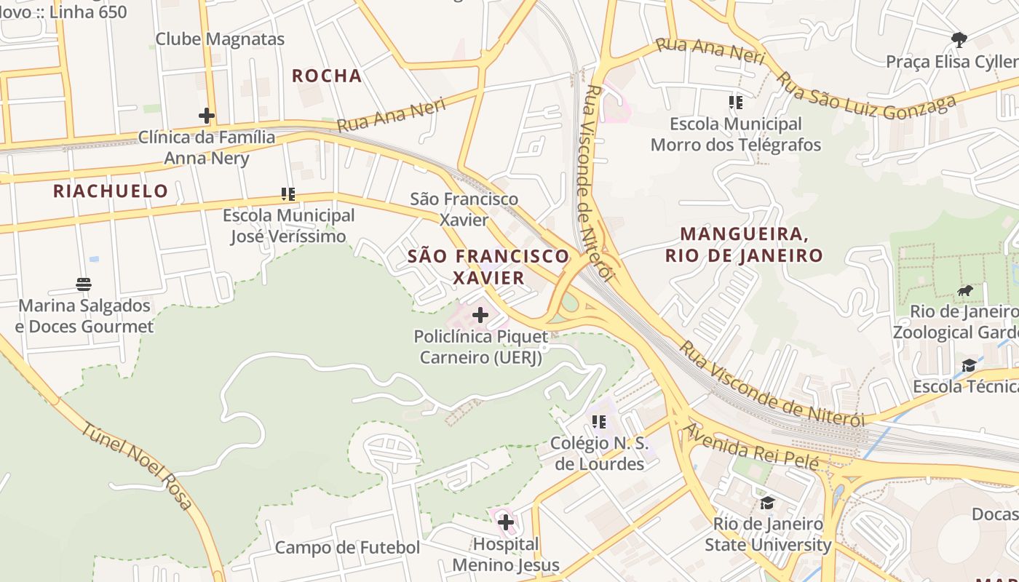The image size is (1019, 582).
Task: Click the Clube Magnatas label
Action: (x=220, y=39)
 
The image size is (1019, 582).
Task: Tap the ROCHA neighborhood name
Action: (x=327, y=76)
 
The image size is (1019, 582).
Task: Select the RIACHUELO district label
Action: (x=111, y=191)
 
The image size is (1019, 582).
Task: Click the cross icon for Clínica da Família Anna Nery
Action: (x=207, y=115)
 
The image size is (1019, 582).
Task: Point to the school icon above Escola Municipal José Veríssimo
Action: (x=288, y=194)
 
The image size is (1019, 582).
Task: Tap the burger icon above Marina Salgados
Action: (x=84, y=284)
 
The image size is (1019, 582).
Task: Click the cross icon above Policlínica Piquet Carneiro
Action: (x=480, y=315)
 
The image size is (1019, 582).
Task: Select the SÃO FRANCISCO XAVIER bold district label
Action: (x=488, y=266)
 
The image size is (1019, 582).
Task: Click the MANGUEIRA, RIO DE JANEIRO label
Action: (x=744, y=244)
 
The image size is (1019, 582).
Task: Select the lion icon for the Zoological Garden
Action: (x=965, y=291)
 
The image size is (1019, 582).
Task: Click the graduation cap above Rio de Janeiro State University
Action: (x=767, y=503)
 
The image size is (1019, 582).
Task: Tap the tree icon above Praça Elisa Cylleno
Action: (x=959, y=39)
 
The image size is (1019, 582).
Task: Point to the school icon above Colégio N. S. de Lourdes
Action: (x=599, y=422)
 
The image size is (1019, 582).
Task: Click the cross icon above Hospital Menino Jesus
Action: (x=506, y=522)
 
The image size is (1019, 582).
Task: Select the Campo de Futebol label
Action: (x=347, y=548)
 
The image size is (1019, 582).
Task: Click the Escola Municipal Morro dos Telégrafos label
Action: (x=736, y=135)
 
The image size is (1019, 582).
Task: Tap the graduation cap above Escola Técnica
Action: (x=969, y=365)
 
